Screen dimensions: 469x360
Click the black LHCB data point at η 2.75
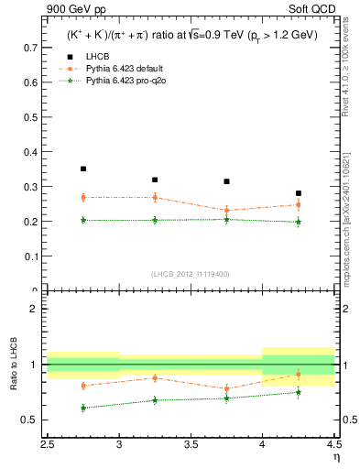(83, 169)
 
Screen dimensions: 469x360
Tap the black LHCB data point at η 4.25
(299, 193)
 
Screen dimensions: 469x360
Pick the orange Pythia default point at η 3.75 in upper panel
(226, 210)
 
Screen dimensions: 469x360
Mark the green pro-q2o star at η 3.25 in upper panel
(155, 220)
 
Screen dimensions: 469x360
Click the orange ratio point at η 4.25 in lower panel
(299, 375)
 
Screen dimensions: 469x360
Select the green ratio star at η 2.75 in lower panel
(83, 408)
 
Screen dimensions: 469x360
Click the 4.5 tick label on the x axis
(333, 446)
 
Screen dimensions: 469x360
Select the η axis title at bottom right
(336, 458)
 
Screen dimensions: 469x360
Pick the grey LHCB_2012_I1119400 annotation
(191, 274)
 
